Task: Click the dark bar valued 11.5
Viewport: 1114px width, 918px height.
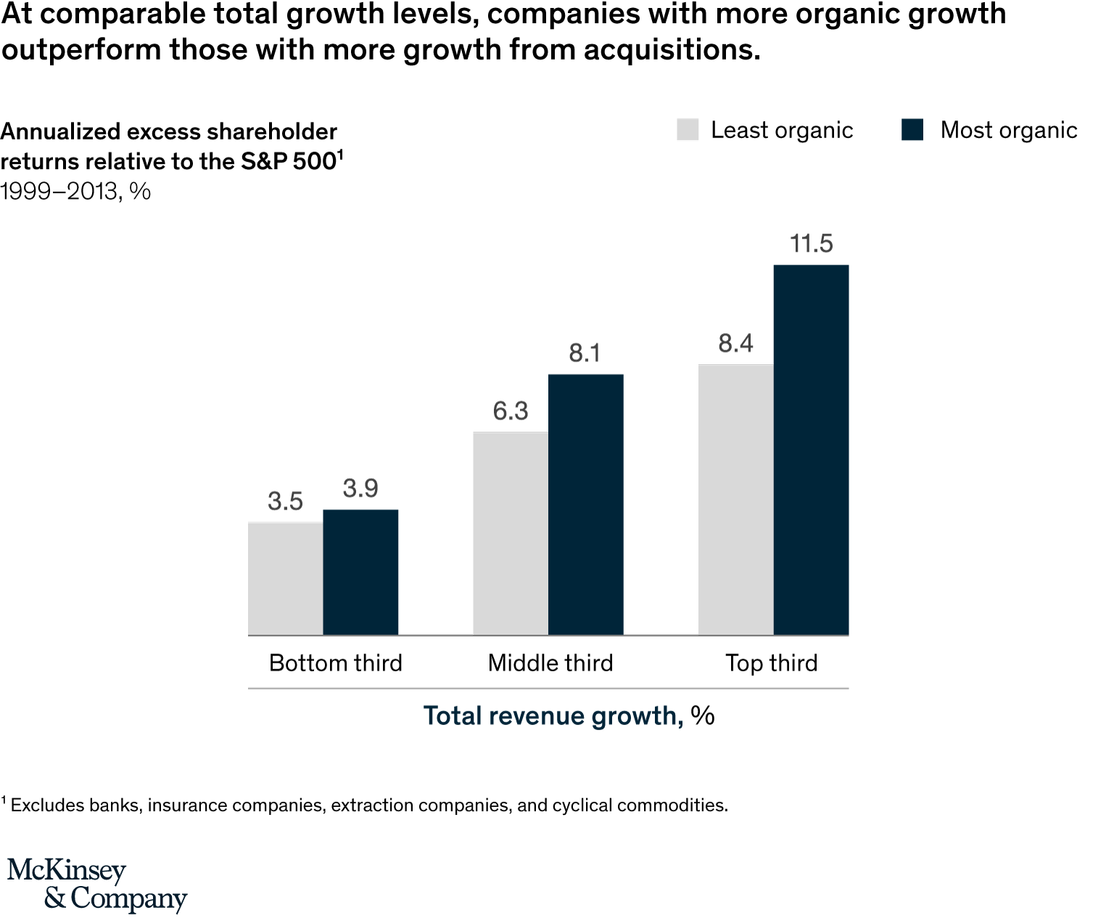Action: (x=811, y=450)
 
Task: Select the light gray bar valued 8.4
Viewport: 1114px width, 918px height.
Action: (x=735, y=500)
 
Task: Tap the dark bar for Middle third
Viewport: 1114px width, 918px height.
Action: (x=585, y=505)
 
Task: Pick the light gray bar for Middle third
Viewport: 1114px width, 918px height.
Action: (x=511, y=534)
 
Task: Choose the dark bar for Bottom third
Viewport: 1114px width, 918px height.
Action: (x=360, y=573)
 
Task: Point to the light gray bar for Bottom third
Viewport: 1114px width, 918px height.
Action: (x=285, y=579)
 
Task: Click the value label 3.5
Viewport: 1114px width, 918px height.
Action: (x=285, y=501)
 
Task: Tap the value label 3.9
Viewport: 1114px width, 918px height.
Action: (x=360, y=488)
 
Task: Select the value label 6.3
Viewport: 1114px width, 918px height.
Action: (x=511, y=411)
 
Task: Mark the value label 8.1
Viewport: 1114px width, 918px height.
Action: (x=585, y=353)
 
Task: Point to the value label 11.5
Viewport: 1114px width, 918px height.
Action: (x=811, y=244)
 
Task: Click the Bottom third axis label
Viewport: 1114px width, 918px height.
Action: (x=335, y=663)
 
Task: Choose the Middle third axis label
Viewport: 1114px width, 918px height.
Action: (x=550, y=663)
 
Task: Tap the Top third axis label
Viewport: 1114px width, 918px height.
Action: (x=772, y=663)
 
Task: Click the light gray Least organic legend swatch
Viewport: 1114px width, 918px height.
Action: (x=688, y=130)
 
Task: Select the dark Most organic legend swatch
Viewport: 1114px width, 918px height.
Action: (x=912, y=130)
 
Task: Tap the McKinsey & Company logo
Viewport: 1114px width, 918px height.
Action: (x=97, y=884)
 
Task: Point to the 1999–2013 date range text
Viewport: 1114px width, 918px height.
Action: (x=59, y=192)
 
